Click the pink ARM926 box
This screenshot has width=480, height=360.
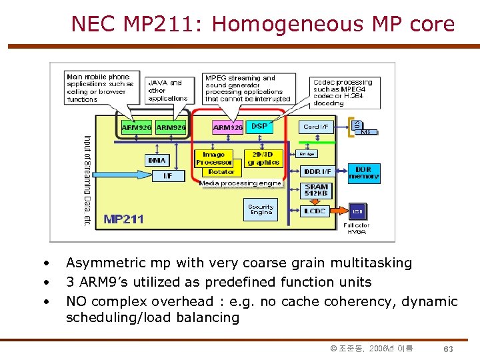pos(228,127)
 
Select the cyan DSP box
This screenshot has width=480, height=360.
pos(259,126)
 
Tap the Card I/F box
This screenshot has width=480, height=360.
pos(316,127)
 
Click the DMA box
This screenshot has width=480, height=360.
pos(157,160)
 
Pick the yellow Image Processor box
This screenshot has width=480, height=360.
pos(214,158)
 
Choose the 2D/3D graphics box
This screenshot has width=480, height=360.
pos(263,158)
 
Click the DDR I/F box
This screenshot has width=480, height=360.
pos(317,172)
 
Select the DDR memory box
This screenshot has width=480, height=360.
pos(363,173)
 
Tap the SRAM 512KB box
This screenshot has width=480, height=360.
pos(317,191)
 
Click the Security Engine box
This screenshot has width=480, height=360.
pos(261,210)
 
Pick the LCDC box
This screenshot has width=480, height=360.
pos(315,211)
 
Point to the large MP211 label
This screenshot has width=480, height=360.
pos(124,219)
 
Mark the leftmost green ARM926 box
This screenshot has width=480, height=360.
pos(137,127)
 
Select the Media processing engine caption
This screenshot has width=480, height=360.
pos(240,183)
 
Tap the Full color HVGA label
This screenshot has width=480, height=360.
pos(357,229)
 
